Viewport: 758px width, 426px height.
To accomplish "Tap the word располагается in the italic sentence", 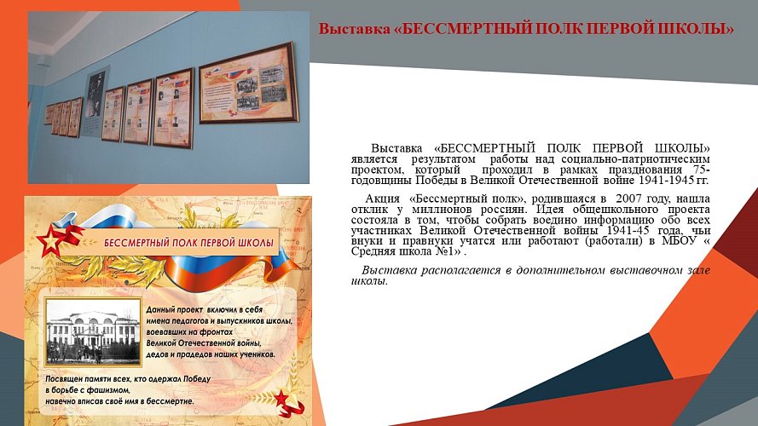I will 451,270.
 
